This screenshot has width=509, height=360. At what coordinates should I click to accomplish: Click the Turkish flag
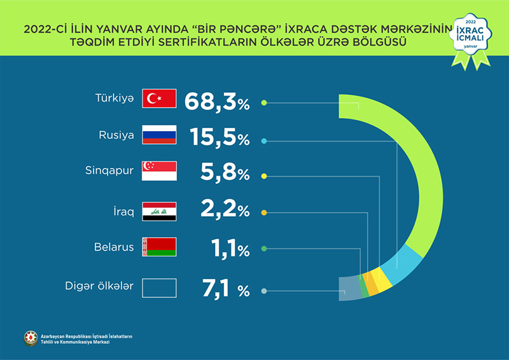coord(158,99)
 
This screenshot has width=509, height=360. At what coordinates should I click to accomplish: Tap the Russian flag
coord(158,135)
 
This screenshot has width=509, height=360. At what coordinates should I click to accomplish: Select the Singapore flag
coord(158,172)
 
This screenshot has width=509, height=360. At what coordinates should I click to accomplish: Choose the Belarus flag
coord(158,247)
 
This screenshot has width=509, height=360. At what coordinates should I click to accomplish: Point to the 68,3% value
coord(217,102)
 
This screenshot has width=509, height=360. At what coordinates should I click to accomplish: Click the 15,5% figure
coord(220,138)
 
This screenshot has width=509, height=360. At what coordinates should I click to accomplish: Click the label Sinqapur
coord(109,171)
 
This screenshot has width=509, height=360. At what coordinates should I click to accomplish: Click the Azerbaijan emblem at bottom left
coord(30,338)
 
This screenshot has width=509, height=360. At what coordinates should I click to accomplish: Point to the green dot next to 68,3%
coord(264,102)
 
